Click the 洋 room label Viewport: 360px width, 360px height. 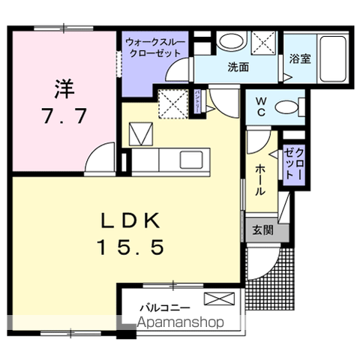[64, 89]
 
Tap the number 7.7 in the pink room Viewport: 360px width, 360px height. [64, 117]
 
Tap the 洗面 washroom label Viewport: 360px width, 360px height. [238, 66]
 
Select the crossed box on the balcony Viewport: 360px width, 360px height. [218, 300]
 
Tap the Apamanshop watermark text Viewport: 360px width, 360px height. [181, 323]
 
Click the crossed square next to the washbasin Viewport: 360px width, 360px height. [263, 43]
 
